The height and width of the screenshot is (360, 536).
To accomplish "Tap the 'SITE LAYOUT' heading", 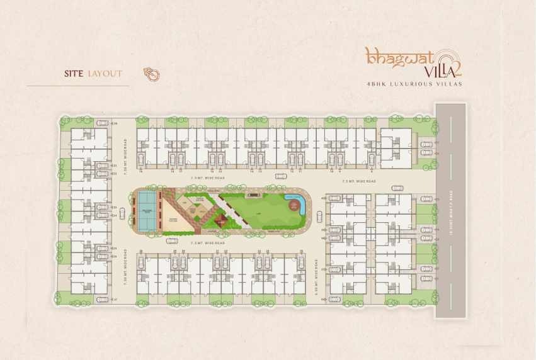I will [x=93, y=74].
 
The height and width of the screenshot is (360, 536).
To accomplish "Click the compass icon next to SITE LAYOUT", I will [x=151, y=74].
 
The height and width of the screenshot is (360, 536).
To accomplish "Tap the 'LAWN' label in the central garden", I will [x=259, y=214].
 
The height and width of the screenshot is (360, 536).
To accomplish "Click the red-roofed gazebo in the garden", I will [x=220, y=221].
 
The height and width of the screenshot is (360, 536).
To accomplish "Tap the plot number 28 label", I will [x=140, y=251].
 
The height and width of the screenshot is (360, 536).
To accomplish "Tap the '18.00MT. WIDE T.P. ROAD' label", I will [x=452, y=211].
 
